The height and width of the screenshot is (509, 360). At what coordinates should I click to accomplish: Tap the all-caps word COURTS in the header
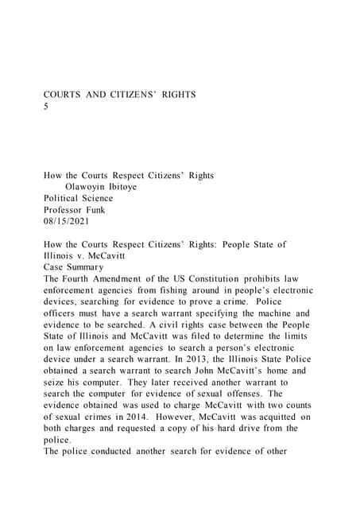tap(62, 95)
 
